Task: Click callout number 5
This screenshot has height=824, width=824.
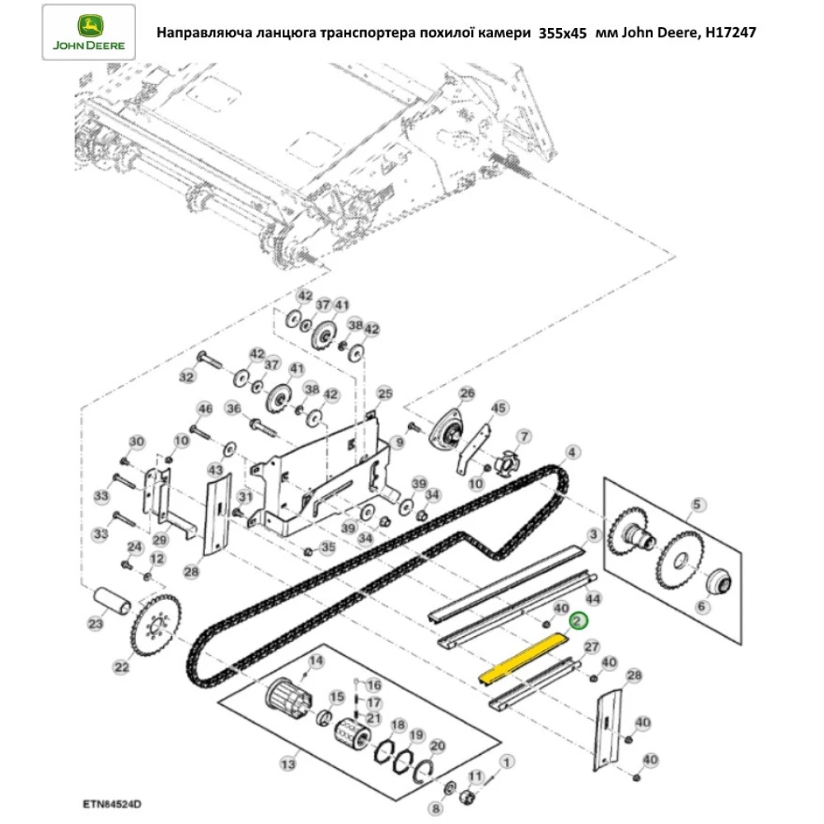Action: pyautogui.click(x=696, y=503)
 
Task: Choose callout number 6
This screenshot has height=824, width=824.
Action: pyautogui.click(x=701, y=606)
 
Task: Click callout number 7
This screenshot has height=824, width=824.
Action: pyautogui.click(x=522, y=435)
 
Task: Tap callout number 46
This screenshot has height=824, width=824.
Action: pyautogui.click(x=204, y=409)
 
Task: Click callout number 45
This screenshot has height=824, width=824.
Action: pyautogui.click(x=499, y=409)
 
